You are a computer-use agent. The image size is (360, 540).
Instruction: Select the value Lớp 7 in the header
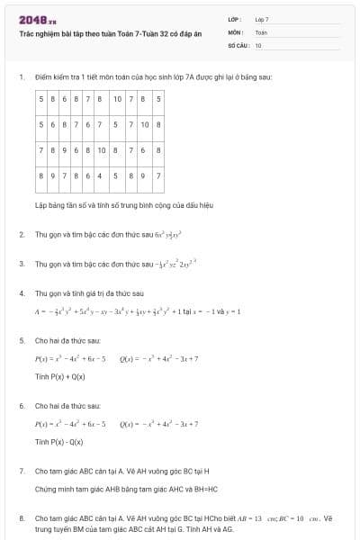(262, 19)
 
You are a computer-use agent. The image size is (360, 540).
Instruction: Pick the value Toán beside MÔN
(262, 31)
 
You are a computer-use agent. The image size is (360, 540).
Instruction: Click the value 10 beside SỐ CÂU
(258, 44)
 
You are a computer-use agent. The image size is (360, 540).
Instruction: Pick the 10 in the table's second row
(144, 124)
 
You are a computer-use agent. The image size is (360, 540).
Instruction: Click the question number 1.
(21, 77)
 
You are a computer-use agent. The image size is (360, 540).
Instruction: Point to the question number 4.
(21, 293)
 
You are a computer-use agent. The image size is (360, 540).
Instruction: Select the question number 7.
(21, 471)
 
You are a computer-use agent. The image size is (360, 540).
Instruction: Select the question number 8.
(21, 518)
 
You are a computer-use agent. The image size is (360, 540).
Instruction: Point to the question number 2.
(21, 234)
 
